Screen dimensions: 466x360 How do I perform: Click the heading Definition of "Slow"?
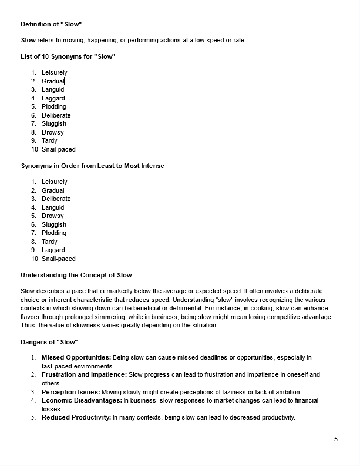(51, 24)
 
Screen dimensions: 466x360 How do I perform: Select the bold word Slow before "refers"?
(28, 40)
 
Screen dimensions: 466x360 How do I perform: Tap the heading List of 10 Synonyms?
(68, 56)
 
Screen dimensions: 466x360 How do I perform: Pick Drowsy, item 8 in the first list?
(53, 132)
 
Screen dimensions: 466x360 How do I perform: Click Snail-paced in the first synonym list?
(59, 149)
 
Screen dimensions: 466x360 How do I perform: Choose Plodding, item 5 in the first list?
(54, 107)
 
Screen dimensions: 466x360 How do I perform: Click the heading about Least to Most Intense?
(92, 166)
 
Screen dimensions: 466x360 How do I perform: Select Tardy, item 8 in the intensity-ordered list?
(50, 242)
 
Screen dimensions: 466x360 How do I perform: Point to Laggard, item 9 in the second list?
(53, 250)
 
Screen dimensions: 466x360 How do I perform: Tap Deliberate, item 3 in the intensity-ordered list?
(56, 199)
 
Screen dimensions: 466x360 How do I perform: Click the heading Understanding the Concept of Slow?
(76, 275)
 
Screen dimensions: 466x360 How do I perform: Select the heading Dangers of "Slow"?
(49, 342)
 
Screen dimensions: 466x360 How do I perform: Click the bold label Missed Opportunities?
(76, 357)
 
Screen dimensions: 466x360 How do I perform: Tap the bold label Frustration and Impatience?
(84, 374)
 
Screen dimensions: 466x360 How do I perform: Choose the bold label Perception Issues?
(70, 392)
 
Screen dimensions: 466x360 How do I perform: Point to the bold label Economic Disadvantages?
(82, 400)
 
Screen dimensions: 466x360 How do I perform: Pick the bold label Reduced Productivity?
(76, 418)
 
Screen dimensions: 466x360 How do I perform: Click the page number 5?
(336, 439)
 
